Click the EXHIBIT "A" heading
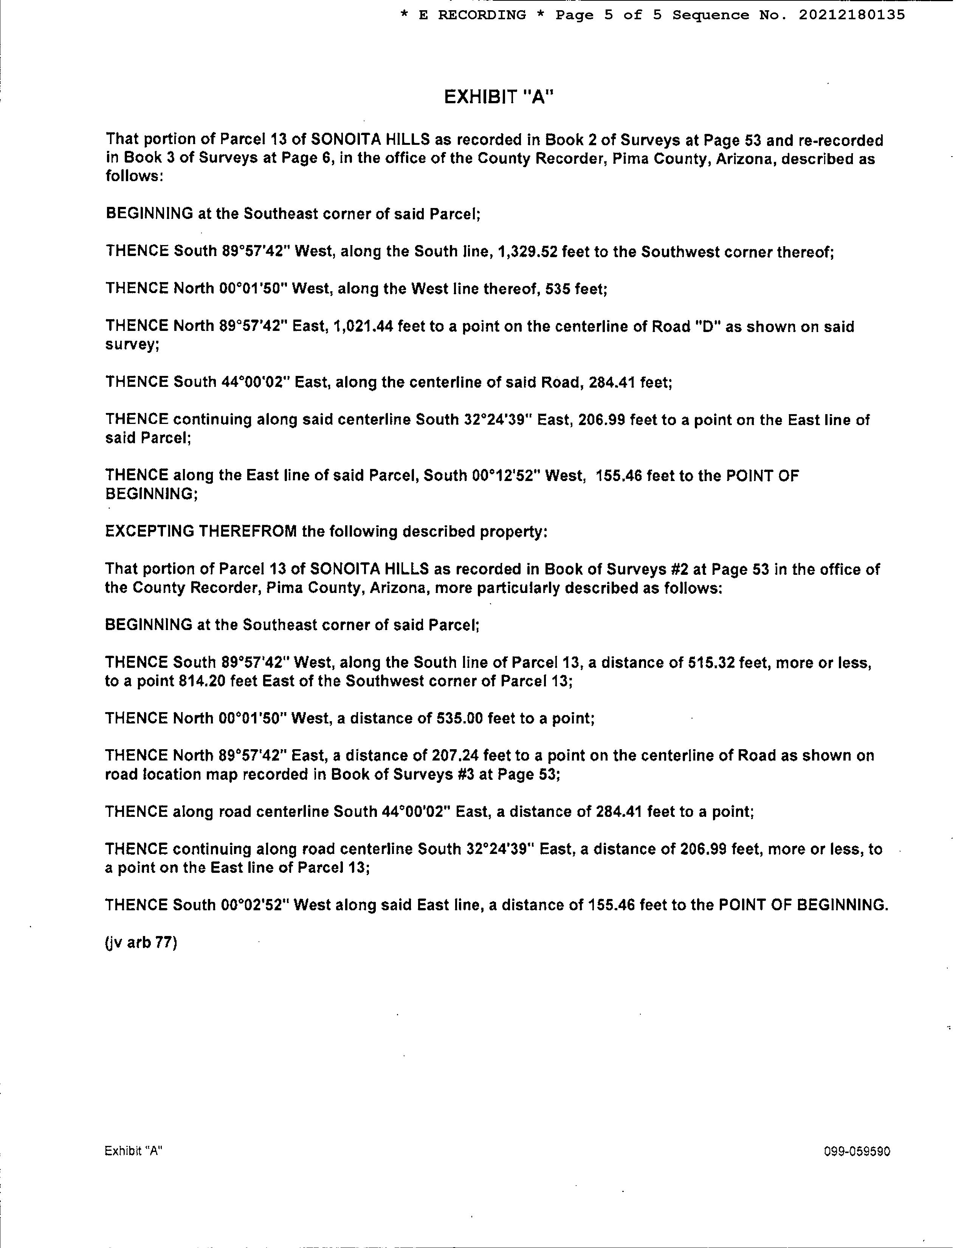coord(499,98)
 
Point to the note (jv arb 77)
coord(141,942)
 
